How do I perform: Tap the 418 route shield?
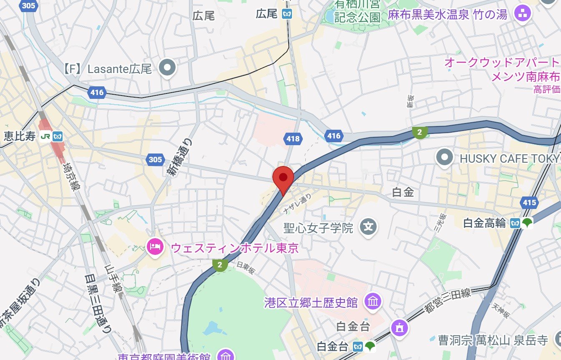(x=293, y=138)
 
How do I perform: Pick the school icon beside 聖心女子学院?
(x=368, y=227)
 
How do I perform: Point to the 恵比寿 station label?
(x=20, y=136)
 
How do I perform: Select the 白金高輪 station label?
(x=484, y=224)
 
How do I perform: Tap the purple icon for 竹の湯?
(x=521, y=14)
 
